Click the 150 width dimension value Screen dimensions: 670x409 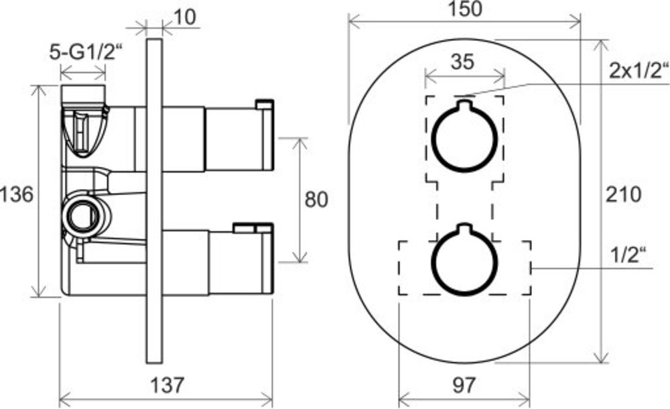pyautogui.click(x=465, y=9)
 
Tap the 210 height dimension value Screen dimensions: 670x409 pyautogui.click(x=623, y=194)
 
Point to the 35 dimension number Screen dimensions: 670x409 pyautogui.click(x=462, y=62)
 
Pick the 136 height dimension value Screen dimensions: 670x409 pyautogui.click(x=16, y=194)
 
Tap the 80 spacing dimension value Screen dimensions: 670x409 pyautogui.click(x=316, y=199)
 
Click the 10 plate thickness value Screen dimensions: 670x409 pyautogui.click(x=185, y=17)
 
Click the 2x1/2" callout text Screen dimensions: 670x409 pyautogui.click(x=639, y=70)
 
